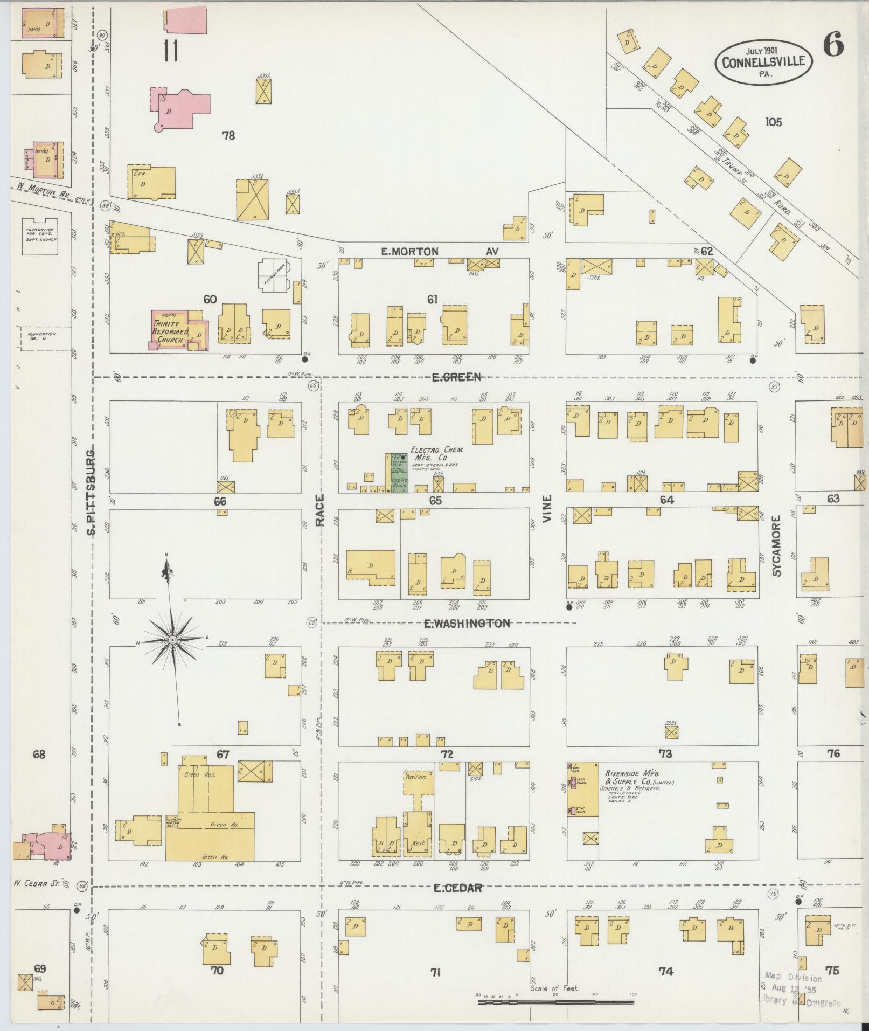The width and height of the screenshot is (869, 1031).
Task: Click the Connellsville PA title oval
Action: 764,60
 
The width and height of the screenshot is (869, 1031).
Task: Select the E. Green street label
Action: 456,377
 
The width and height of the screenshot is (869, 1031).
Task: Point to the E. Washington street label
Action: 467,624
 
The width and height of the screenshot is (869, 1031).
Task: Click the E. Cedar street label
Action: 457,888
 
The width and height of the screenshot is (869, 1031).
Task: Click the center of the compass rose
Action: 173,640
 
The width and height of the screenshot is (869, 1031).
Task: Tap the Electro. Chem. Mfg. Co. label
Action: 436,453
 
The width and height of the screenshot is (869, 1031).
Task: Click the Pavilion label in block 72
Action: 416,777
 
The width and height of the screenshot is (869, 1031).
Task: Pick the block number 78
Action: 228,135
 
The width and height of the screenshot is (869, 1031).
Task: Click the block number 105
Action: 773,122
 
